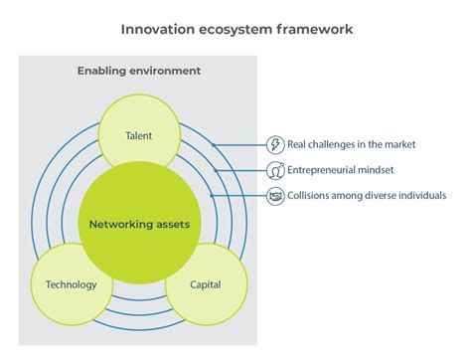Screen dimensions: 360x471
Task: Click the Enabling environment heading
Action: click(x=139, y=71)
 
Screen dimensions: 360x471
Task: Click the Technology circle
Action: click(x=72, y=285)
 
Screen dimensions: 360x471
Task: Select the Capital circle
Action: click(x=206, y=285)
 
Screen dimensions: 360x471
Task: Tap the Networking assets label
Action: click(x=139, y=225)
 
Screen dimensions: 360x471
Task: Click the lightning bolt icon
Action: click(x=275, y=145)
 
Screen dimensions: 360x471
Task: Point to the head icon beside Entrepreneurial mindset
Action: click(x=275, y=170)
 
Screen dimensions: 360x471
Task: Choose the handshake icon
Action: click(x=275, y=196)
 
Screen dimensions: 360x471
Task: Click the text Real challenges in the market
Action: click(x=352, y=145)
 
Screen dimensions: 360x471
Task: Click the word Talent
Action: click(x=139, y=135)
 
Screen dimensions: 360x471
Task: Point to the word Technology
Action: click(x=72, y=285)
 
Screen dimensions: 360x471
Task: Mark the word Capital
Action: click(x=206, y=285)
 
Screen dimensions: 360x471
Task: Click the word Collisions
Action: click(x=310, y=196)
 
